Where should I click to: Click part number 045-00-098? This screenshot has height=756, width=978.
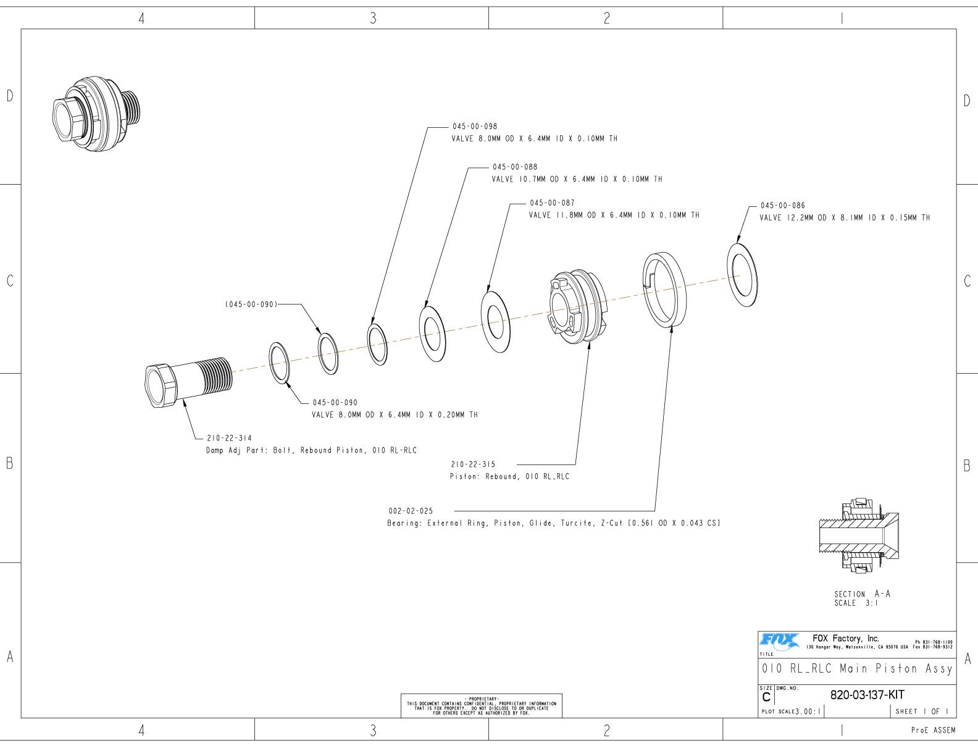coord(474,127)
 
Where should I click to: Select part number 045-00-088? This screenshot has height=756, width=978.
coord(514,167)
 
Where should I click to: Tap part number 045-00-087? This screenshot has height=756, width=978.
coord(552,203)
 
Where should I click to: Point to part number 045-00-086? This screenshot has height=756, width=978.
coord(782,205)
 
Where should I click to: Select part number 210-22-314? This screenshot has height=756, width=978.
coord(229,438)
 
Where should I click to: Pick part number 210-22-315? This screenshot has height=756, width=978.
coord(473,464)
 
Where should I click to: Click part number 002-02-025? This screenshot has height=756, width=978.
coord(411,511)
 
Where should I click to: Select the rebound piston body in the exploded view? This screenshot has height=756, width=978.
coord(577,305)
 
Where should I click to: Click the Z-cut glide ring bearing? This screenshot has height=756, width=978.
coord(664,289)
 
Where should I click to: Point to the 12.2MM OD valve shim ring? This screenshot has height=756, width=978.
coord(743,275)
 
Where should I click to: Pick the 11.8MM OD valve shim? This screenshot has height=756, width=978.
coord(495,321)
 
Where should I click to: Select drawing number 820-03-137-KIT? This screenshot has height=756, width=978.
coord(867,694)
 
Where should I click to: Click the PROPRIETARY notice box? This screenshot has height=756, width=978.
coord(482,705)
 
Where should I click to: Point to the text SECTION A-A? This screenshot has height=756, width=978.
coord(862,594)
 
